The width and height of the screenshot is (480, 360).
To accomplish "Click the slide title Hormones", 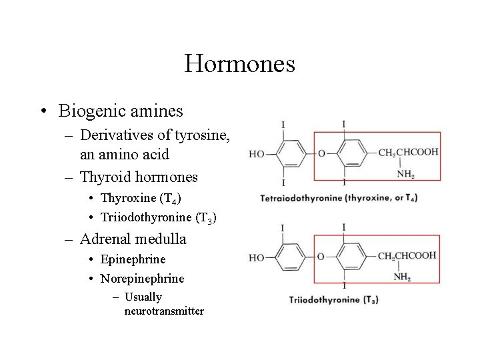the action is (x=239, y=64).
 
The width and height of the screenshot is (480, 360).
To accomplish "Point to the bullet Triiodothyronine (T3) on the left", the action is (x=158, y=217).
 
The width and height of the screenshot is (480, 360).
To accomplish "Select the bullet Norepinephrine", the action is (x=141, y=278).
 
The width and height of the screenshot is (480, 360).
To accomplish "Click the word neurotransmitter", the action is (x=164, y=311).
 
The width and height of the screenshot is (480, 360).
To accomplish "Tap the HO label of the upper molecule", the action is (x=257, y=153).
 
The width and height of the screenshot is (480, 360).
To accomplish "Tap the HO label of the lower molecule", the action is (x=257, y=257).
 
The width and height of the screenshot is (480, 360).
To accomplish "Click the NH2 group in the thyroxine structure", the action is (x=405, y=175).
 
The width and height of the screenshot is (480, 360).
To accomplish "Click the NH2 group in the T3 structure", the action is (x=402, y=277).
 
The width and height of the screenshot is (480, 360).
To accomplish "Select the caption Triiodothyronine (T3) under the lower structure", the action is (x=333, y=300).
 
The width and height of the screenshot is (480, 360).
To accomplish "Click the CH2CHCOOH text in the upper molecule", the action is (x=408, y=153).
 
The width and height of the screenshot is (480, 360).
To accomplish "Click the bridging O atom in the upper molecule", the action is (x=321, y=153).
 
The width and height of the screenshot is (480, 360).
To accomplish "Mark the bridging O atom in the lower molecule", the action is (x=321, y=257).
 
